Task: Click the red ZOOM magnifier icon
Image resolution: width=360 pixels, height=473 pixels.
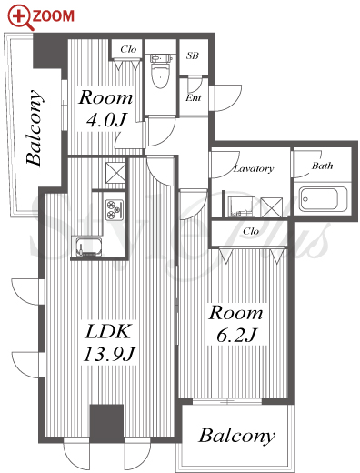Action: tap(20, 18)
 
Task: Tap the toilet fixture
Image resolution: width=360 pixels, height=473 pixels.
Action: tap(161, 71)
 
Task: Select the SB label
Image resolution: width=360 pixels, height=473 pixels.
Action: tap(193, 55)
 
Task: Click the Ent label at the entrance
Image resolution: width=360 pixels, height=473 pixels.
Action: tap(194, 98)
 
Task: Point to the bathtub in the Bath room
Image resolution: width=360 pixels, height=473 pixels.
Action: tap(323, 199)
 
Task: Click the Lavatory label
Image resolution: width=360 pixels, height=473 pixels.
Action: tap(254, 168)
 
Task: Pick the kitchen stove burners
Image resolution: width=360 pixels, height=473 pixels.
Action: tap(115, 209)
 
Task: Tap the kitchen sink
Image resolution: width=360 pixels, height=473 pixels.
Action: tap(89, 247)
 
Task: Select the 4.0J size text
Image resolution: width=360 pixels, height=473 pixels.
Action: tap(105, 120)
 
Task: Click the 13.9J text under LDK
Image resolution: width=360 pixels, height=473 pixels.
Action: tap(108, 354)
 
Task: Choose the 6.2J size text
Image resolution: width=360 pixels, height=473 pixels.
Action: tap(236, 335)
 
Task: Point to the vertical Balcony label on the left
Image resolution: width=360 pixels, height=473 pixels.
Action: tap(34, 128)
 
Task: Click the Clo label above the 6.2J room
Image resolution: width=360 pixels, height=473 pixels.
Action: tap(251, 231)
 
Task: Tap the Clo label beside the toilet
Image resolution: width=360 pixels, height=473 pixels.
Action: tap(128, 49)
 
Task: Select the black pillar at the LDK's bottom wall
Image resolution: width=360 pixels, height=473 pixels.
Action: tap(106, 424)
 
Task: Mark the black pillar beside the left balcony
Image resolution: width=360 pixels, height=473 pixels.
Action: tap(47, 51)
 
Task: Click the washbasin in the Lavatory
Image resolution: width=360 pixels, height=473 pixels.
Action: tap(241, 206)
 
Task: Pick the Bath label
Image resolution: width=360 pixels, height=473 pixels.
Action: tap(323, 166)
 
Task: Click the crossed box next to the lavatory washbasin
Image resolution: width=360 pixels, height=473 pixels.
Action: tap(272, 207)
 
